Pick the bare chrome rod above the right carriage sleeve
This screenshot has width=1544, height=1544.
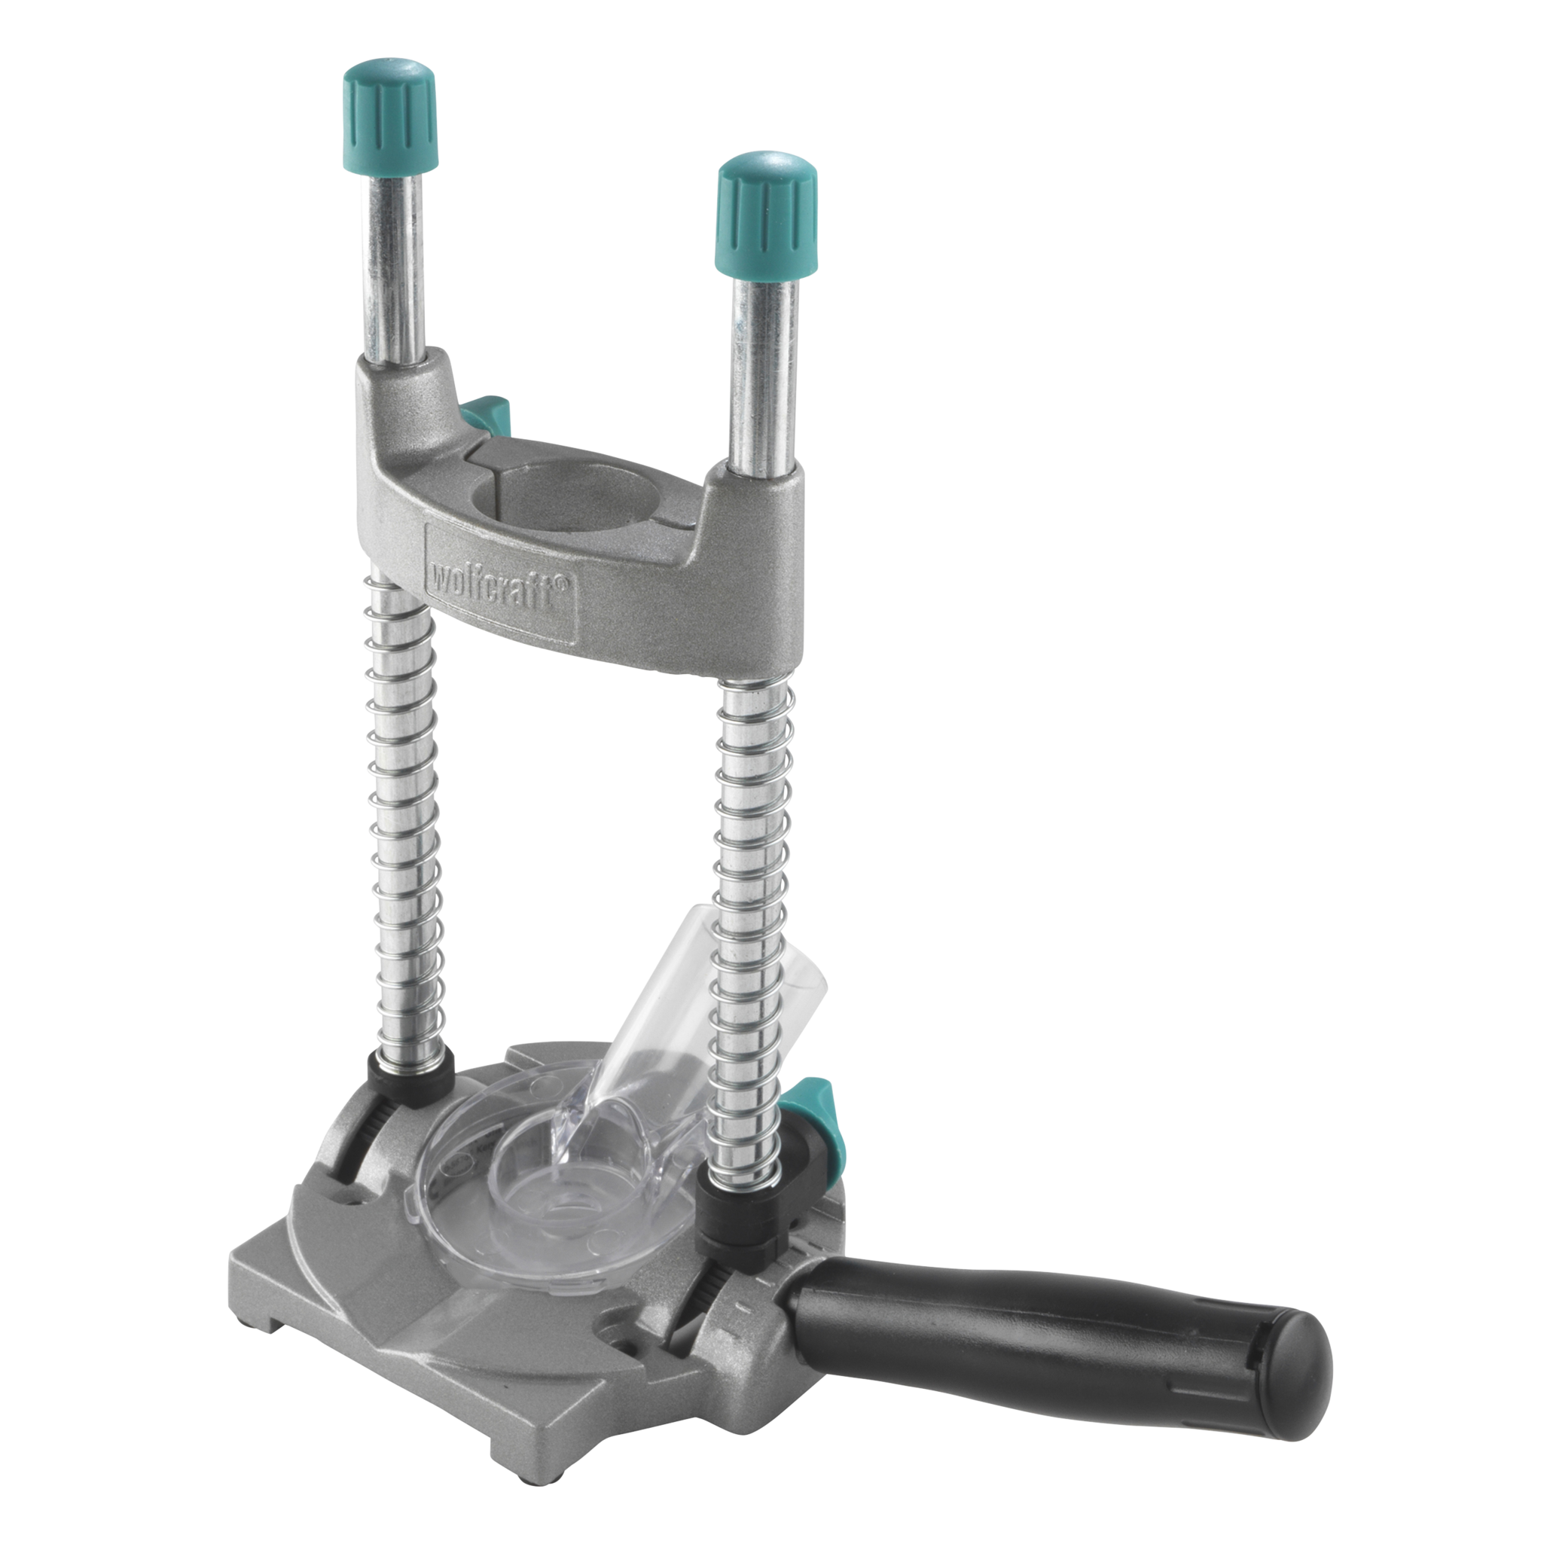[764, 368]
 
